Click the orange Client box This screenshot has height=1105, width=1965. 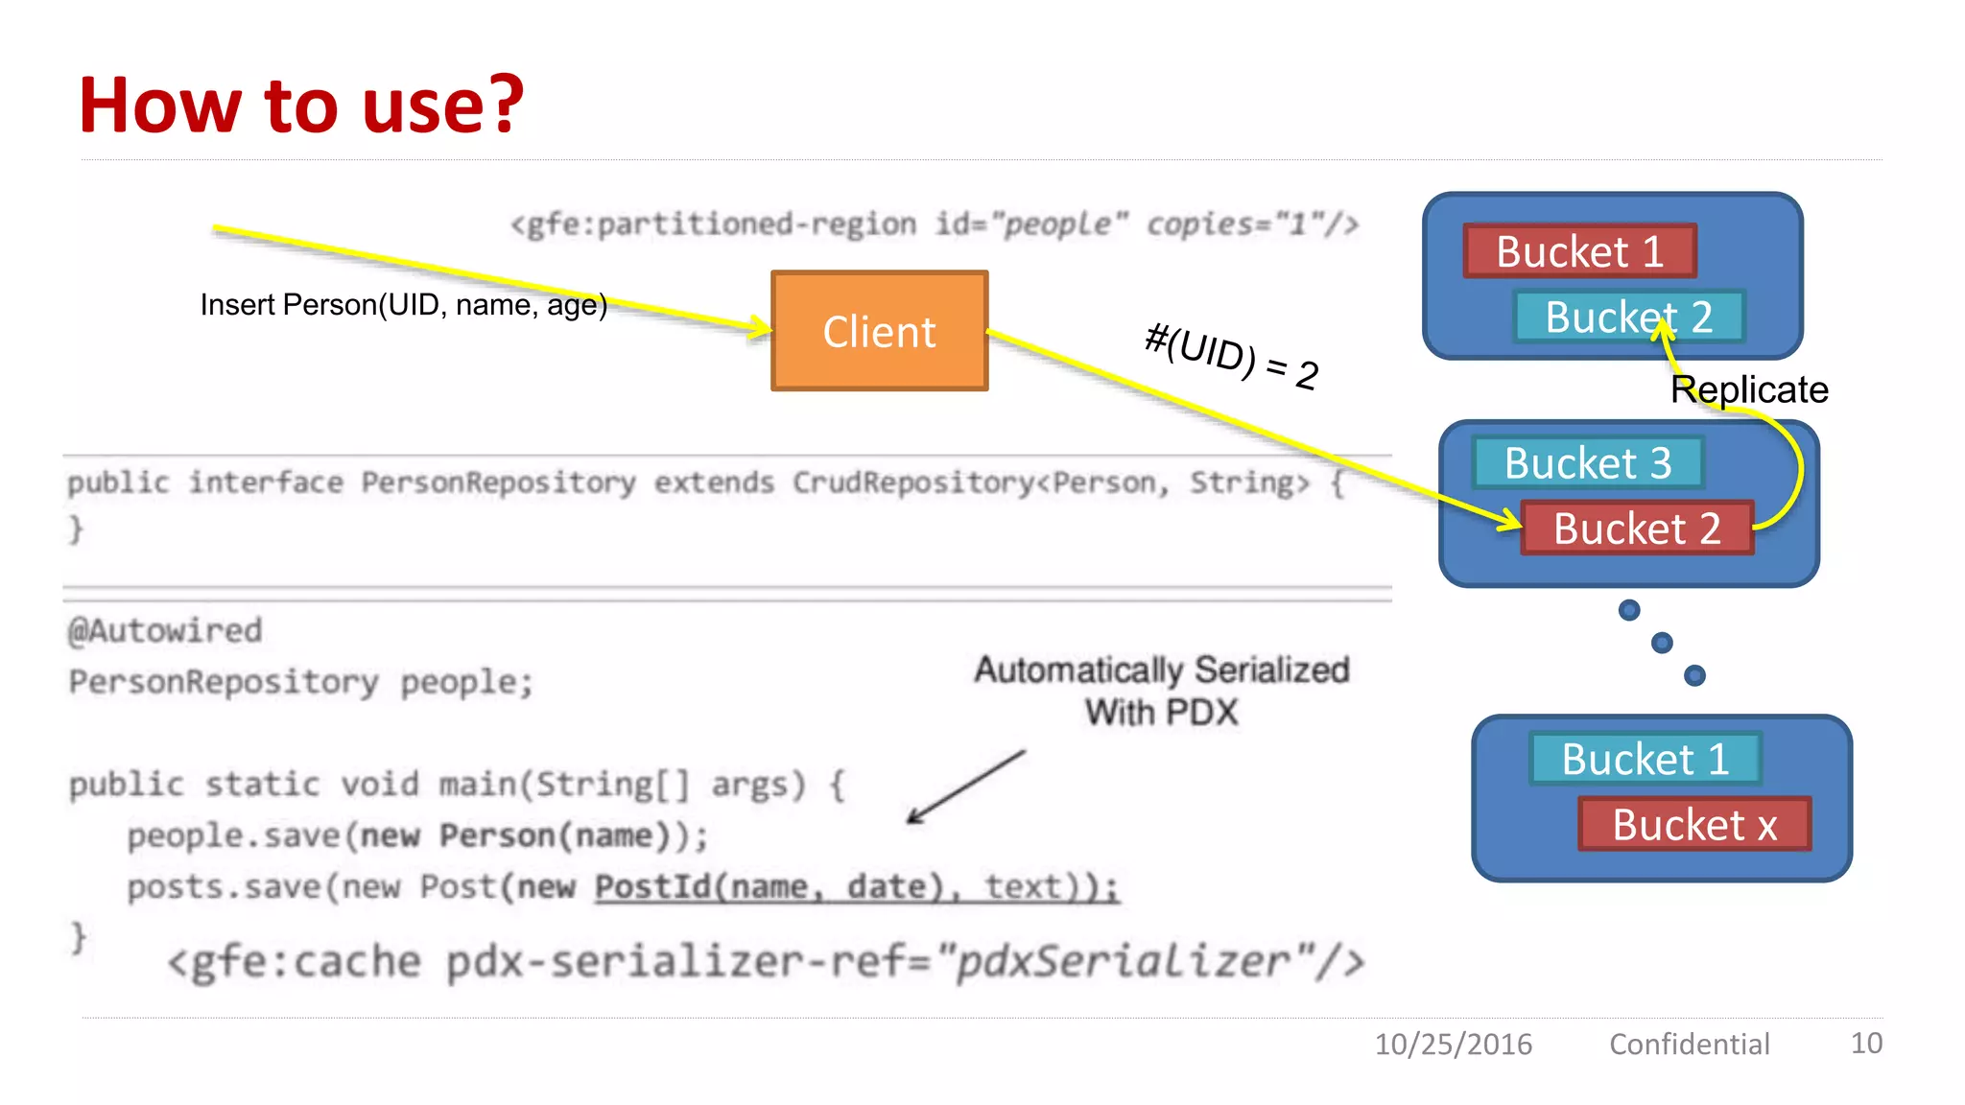pyautogui.click(x=879, y=331)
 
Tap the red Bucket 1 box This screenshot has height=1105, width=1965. pyautogui.click(x=1579, y=251)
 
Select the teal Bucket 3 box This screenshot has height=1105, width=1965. pyautogui.click(x=1588, y=462)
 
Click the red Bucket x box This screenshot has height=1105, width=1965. pyautogui.click(x=1694, y=824)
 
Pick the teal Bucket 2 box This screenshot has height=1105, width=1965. pyautogui.click(x=1628, y=317)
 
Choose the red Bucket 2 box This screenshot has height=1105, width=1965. pyautogui.click(x=1637, y=529)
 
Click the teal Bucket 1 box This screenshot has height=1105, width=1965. pyautogui.click(x=1645, y=759)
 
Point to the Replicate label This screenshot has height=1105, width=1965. pyautogui.click(x=1749, y=389)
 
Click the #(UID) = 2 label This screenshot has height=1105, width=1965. pyautogui.click(x=1232, y=358)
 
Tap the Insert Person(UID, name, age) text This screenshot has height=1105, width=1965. pyautogui.click(x=403, y=305)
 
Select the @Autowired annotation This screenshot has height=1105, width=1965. pyautogui.click(x=165, y=630)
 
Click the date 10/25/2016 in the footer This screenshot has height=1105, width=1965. pyautogui.click(x=1453, y=1044)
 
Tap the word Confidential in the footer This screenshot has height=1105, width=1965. pyautogui.click(x=1689, y=1044)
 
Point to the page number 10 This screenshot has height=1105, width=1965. pyautogui.click(x=1865, y=1043)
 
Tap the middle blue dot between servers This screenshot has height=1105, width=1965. pyautogui.click(x=1662, y=643)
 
